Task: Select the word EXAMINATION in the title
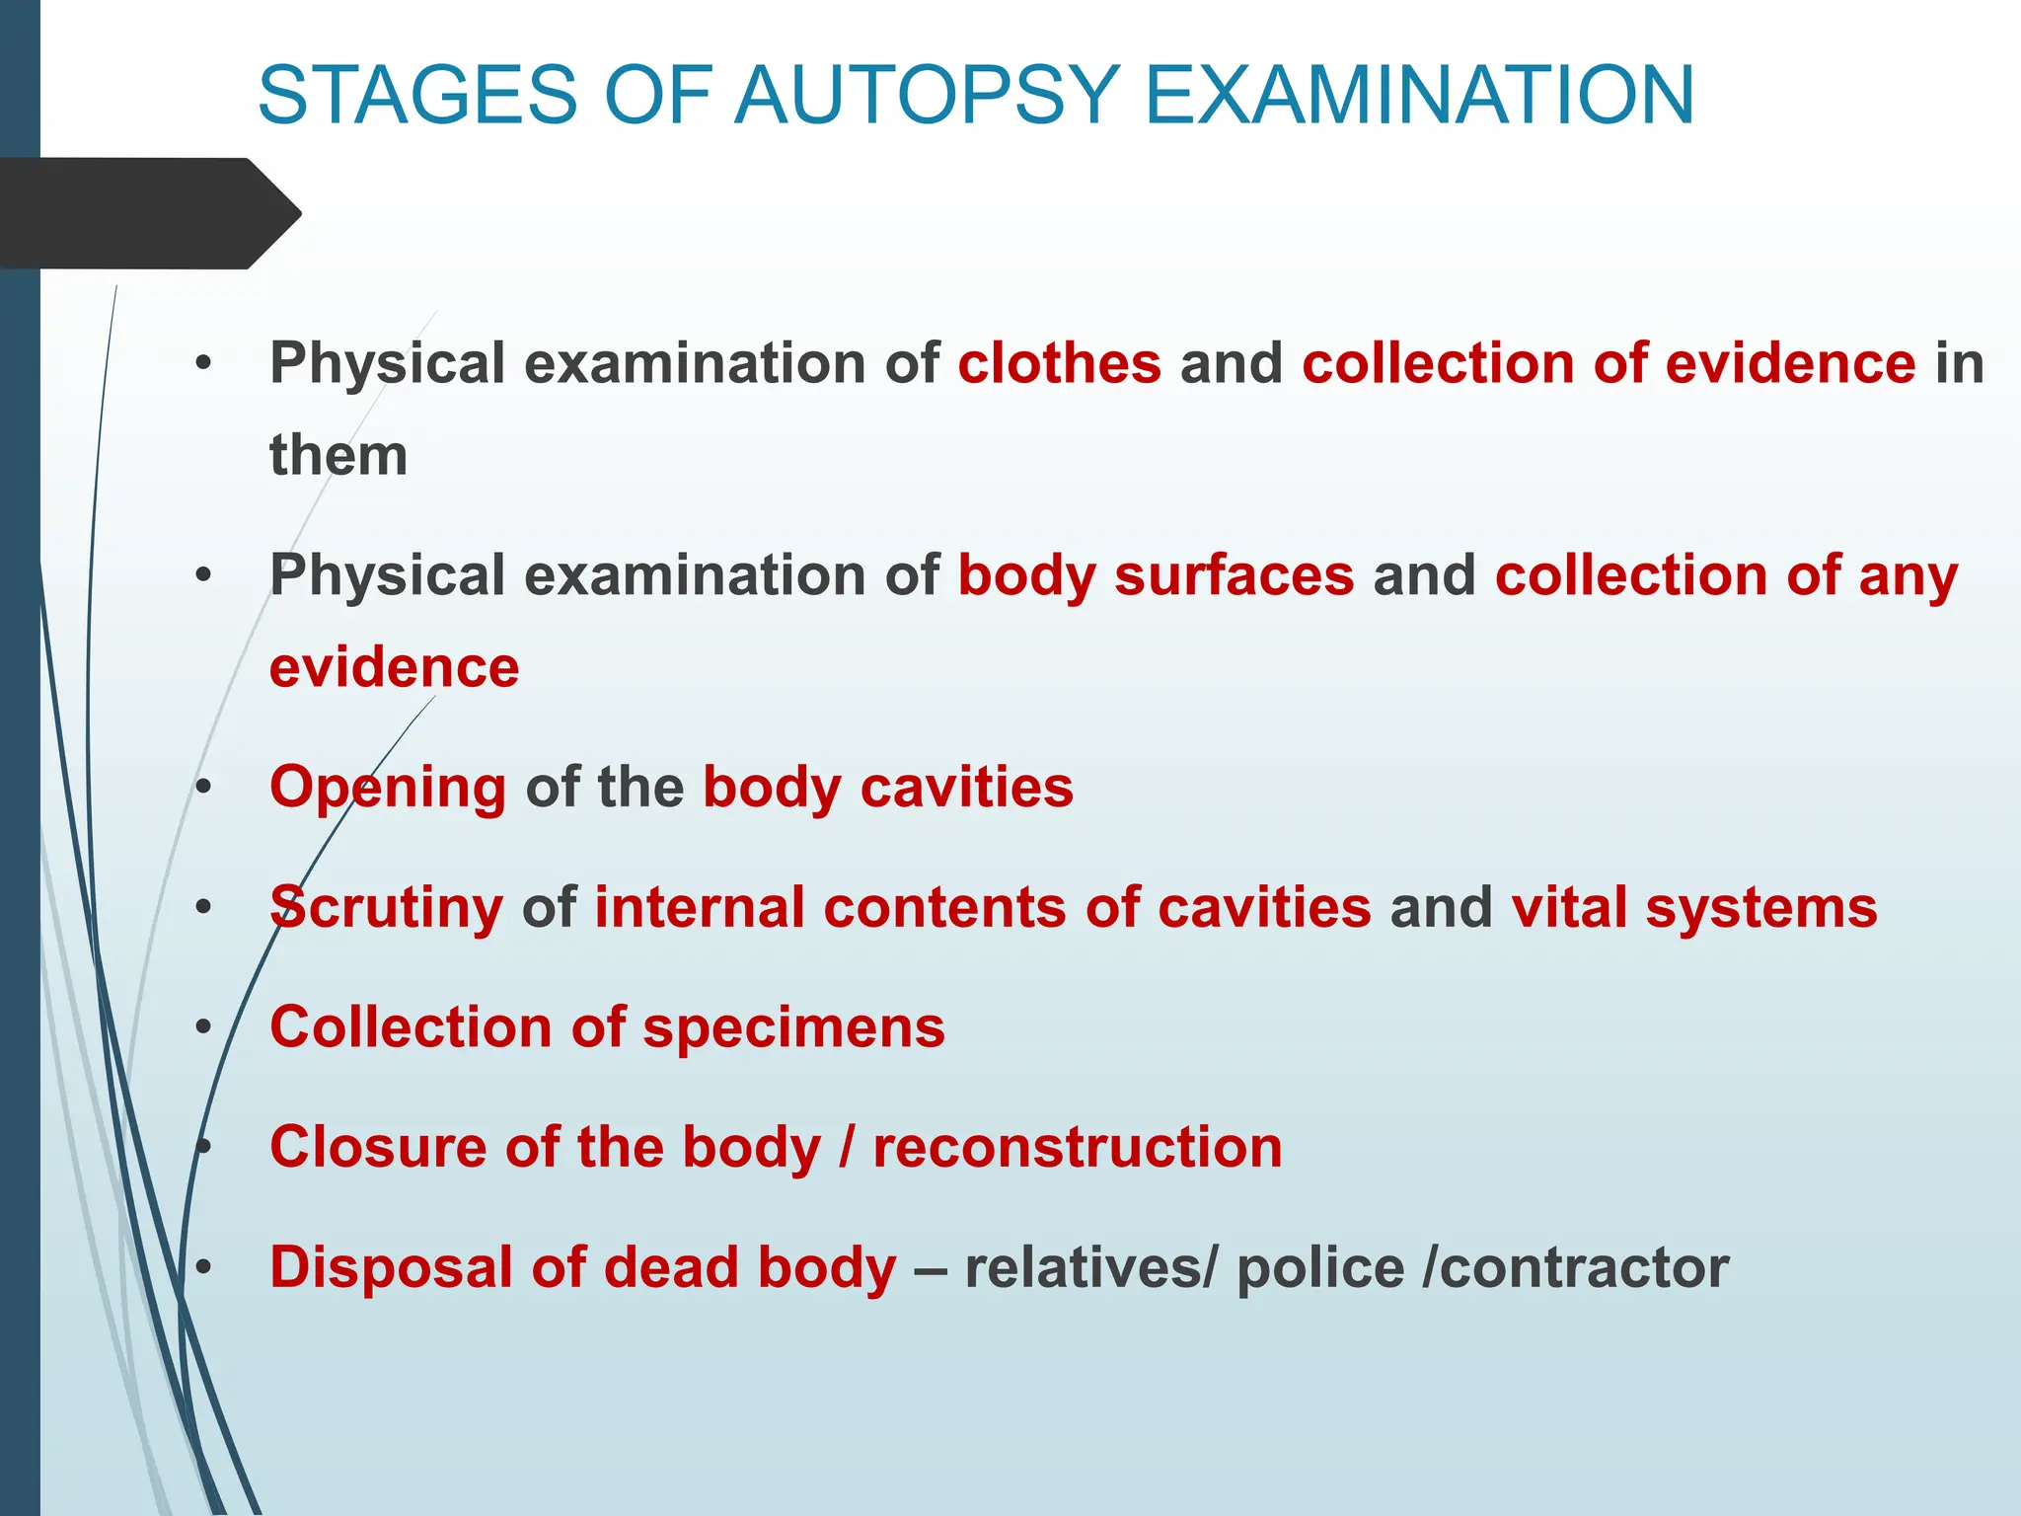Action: pyautogui.click(x=1419, y=95)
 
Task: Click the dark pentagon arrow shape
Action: pyautogui.click(x=148, y=213)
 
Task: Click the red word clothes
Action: pyautogui.click(x=1060, y=363)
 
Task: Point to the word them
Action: pyautogui.click(x=338, y=456)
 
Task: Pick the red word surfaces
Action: pyautogui.click(x=1235, y=575)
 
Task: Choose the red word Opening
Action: pyautogui.click(x=388, y=789)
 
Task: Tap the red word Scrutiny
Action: pyautogui.click(x=386, y=908)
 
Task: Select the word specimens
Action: pyautogui.click(x=794, y=1028)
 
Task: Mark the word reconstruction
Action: pyautogui.click(x=1078, y=1147)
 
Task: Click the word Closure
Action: pyautogui.click(x=378, y=1147)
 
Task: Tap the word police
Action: pyautogui.click(x=1320, y=1267)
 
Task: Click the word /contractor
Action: pyautogui.click(x=1575, y=1267)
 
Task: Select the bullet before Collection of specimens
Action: pyautogui.click(x=203, y=1027)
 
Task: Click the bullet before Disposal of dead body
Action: pyautogui.click(x=203, y=1267)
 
